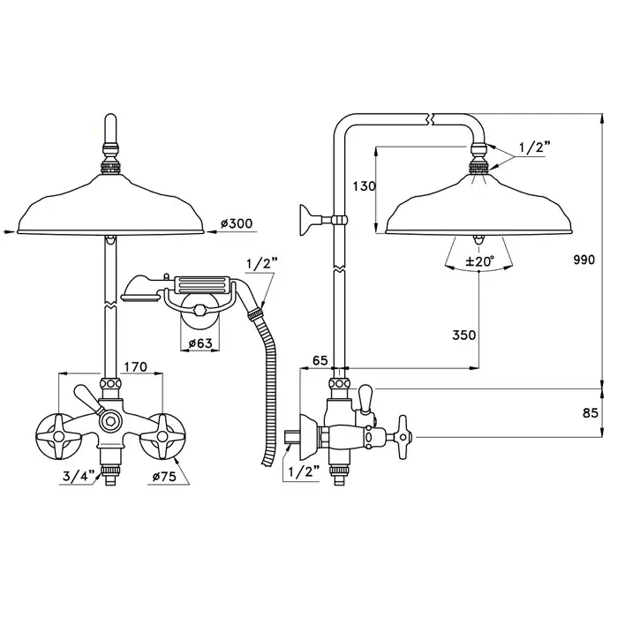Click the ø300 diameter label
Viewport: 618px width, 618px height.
pyautogui.click(x=237, y=224)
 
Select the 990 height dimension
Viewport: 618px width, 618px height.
pyautogui.click(x=584, y=260)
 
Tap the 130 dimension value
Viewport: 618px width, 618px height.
pyautogui.click(x=364, y=186)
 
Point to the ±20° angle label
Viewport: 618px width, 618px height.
pyautogui.click(x=479, y=261)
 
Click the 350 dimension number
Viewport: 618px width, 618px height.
pyautogui.click(x=463, y=335)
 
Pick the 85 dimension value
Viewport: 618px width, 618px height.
pyautogui.click(x=590, y=413)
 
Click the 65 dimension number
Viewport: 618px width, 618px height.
pyautogui.click(x=320, y=360)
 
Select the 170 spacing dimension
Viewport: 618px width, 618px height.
pyautogui.click(x=136, y=366)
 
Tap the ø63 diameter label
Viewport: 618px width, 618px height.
pyautogui.click(x=200, y=343)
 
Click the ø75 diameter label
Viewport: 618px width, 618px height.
pyautogui.click(x=164, y=477)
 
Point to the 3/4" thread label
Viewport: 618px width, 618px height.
pyautogui.click(x=79, y=476)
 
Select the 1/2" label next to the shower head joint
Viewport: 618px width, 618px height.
pyautogui.click(x=534, y=147)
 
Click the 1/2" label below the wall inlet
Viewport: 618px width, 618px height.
pyautogui.click(x=304, y=471)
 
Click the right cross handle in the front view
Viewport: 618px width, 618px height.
pyautogui.click(x=162, y=436)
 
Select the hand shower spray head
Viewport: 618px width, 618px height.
pyautogui.click(x=134, y=289)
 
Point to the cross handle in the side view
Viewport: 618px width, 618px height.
pyautogui.click(x=403, y=437)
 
